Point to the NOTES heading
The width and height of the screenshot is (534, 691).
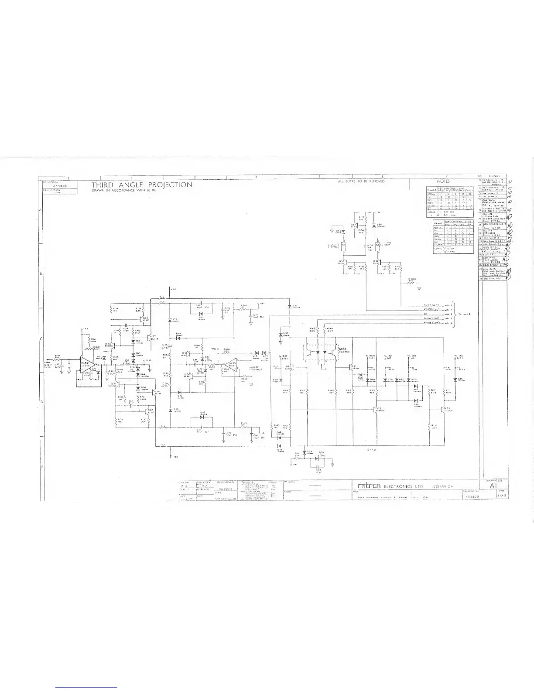pyautogui.click(x=443, y=181)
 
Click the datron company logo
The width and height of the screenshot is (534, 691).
pyautogui.click(x=370, y=486)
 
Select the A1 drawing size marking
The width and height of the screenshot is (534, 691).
pyautogui.click(x=494, y=485)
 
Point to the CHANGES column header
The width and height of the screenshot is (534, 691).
pyautogui.click(x=494, y=176)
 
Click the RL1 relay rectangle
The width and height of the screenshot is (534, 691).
pyautogui.click(x=343, y=245)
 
